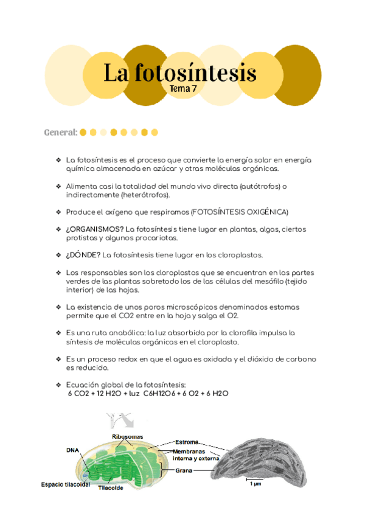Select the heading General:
(x=60, y=132)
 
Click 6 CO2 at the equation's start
(x=77, y=394)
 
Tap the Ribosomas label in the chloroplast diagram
(x=127, y=437)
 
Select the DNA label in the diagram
(x=72, y=450)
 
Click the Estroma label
(x=187, y=442)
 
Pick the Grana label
(x=184, y=470)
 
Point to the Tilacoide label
(x=111, y=487)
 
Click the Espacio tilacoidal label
(x=65, y=484)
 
